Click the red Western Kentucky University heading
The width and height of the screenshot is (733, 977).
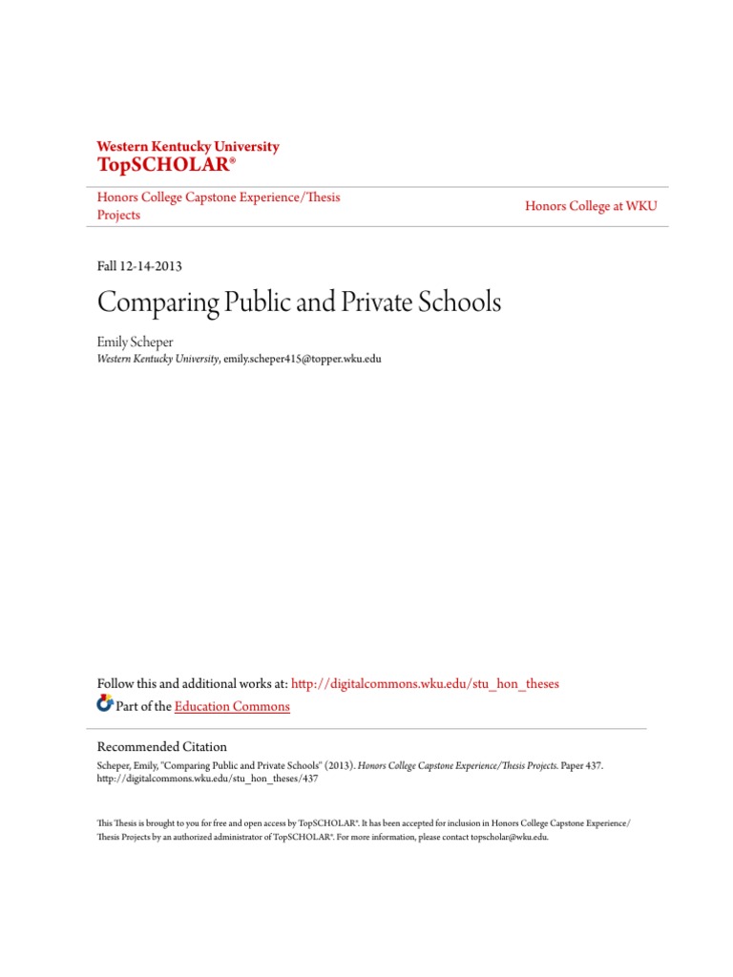188,147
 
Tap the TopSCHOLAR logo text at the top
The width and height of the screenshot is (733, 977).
165,165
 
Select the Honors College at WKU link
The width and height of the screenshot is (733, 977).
591,206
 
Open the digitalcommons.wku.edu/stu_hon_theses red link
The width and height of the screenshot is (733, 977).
425,684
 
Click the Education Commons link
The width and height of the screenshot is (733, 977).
232,707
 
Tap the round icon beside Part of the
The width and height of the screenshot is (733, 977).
105,705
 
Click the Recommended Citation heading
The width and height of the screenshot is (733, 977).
162,747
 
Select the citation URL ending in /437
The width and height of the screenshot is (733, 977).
208,779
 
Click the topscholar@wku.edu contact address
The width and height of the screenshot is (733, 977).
501,837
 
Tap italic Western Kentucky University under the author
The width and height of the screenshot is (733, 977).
158,360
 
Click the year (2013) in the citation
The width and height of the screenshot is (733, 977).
339,765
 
